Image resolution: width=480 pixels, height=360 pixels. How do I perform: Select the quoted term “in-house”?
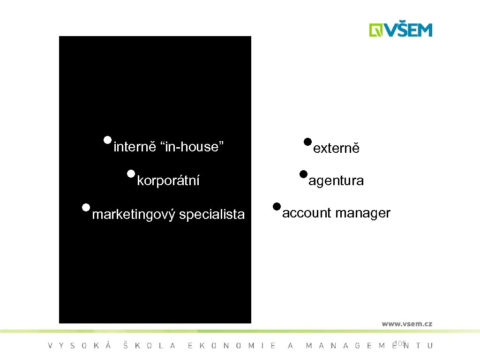[193, 147]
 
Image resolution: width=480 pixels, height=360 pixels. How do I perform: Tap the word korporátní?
[168, 180]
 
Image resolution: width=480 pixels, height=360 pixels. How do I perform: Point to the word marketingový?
[134, 215]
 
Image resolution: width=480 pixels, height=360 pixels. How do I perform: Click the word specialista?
[212, 215]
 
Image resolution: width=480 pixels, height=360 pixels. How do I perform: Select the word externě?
[336, 149]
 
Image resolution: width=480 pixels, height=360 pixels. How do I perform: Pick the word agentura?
[336, 181]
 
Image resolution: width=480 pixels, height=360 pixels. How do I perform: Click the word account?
[307, 213]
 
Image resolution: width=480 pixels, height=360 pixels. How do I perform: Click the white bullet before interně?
[108, 140]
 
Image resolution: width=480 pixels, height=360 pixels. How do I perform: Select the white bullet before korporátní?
[131, 174]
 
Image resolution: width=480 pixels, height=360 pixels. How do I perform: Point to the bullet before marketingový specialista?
[85, 207]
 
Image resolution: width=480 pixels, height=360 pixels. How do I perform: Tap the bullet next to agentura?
[303, 174]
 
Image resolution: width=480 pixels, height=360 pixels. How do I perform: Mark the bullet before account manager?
[277, 206]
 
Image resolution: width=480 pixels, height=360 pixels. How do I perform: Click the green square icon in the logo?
[376, 30]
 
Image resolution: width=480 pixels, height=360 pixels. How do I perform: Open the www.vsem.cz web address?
[407, 323]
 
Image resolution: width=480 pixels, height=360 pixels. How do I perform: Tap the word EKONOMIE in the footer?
[232, 346]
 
